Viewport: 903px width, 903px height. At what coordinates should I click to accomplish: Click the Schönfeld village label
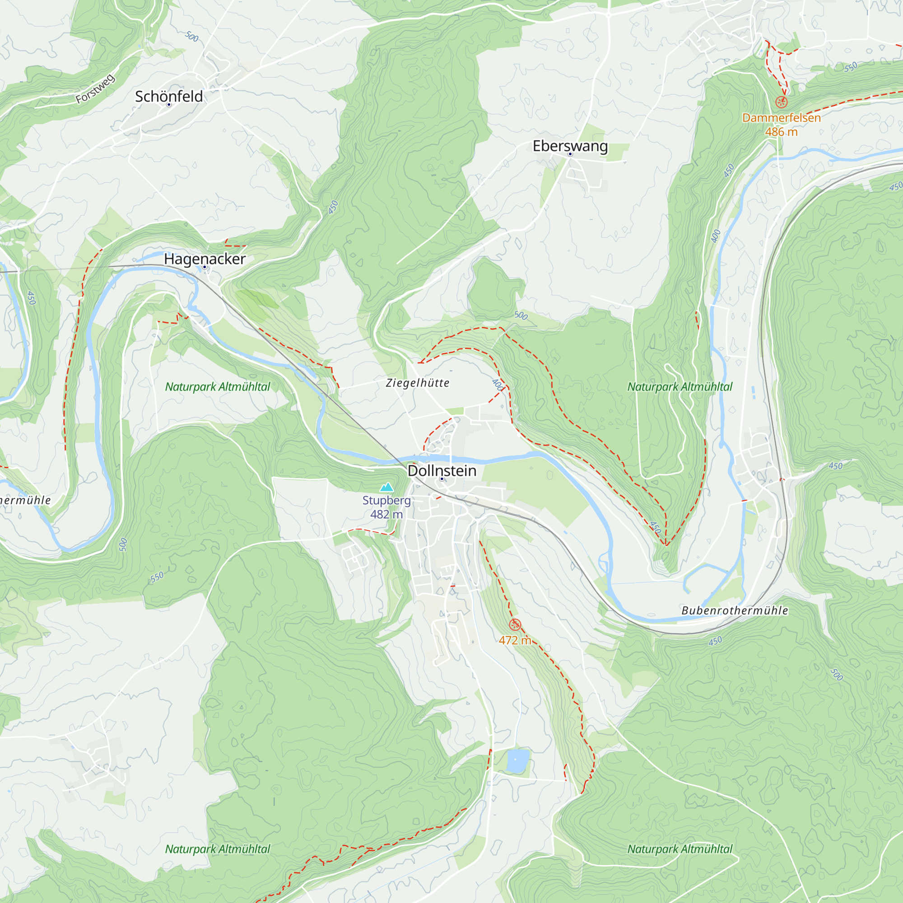(169, 96)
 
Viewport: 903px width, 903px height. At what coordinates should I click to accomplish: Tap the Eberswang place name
(570, 146)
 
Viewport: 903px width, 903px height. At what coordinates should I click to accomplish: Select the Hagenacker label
(205, 259)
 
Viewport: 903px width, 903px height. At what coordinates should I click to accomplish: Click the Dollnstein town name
(442, 470)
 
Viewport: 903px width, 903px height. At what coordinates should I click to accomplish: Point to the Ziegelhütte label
(417, 383)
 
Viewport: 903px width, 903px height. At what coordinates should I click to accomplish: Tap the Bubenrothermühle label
(735, 610)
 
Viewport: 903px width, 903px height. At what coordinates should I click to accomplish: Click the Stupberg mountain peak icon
(386, 488)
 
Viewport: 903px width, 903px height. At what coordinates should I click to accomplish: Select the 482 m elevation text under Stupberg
(386, 515)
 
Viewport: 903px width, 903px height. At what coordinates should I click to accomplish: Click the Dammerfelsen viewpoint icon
(782, 102)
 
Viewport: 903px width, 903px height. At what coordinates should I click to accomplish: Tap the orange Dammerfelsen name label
(782, 118)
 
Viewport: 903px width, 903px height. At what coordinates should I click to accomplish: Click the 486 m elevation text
(782, 132)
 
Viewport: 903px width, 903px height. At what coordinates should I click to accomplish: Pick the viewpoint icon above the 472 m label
(515, 624)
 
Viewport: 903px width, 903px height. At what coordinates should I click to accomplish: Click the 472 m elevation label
(515, 640)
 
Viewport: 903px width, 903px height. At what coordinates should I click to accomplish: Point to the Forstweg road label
(95, 89)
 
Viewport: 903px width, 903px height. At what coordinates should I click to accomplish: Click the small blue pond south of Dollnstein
(518, 761)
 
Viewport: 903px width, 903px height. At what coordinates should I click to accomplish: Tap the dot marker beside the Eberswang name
(570, 154)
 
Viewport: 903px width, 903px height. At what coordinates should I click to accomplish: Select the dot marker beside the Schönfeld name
(169, 105)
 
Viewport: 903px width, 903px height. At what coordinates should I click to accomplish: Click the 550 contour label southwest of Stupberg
(157, 577)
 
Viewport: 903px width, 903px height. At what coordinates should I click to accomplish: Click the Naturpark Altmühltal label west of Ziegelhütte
(217, 387)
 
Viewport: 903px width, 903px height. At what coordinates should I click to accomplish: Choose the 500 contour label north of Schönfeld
(191, 37)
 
